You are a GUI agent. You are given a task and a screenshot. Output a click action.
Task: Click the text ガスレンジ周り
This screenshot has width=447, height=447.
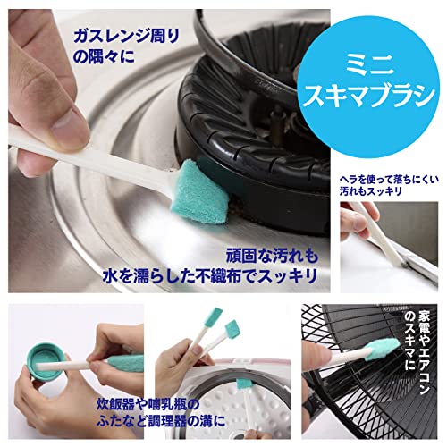click(x=127, y=38)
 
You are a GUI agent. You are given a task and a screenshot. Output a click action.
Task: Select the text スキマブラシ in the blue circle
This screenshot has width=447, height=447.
click(x=369, y=97)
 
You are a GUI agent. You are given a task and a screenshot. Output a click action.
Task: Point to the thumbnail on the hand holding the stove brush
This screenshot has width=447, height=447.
click(x=70, y=126)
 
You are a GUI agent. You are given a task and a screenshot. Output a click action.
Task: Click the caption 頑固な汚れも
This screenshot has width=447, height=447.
click(x=272, y=256)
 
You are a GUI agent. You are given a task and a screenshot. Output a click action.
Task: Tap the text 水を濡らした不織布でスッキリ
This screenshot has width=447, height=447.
click(x=210, y=275)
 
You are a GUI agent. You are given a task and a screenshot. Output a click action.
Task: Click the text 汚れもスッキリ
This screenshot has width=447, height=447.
click(x=371, y=191)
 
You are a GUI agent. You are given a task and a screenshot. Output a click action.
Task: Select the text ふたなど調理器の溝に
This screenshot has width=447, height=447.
click(x=161, y=421)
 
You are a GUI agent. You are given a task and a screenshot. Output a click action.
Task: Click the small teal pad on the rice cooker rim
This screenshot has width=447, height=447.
click(x=242, y=384)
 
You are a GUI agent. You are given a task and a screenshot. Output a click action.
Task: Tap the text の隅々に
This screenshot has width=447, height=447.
click(x=104, y=56)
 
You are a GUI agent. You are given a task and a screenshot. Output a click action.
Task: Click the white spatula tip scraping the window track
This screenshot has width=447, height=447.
click(x=405, y=263)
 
